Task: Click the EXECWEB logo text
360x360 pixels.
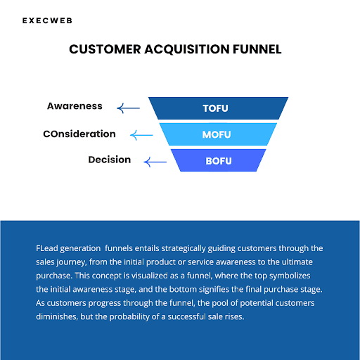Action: coord(47,20)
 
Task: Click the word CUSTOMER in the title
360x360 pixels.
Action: coord(105,49)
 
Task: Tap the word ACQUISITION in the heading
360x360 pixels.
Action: coord(187,49)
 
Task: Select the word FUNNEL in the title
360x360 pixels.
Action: coord(257,49)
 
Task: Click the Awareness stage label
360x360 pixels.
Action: coord(75,106)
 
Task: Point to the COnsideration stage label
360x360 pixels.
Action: coord(79,134)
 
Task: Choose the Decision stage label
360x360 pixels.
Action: coord(110,160)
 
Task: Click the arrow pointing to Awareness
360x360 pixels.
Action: coord(129,108)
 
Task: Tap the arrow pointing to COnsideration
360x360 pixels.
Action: coord(141,135)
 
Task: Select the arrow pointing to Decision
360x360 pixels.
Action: coord(155,162)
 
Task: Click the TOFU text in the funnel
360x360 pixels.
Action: coord(215,108)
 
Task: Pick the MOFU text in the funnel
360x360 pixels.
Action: coord(217,135)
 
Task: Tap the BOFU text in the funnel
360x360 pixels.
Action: coord(219,161)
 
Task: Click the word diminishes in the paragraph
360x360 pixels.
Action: coord(57,316)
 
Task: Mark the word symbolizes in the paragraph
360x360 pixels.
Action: coord(290,276)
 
